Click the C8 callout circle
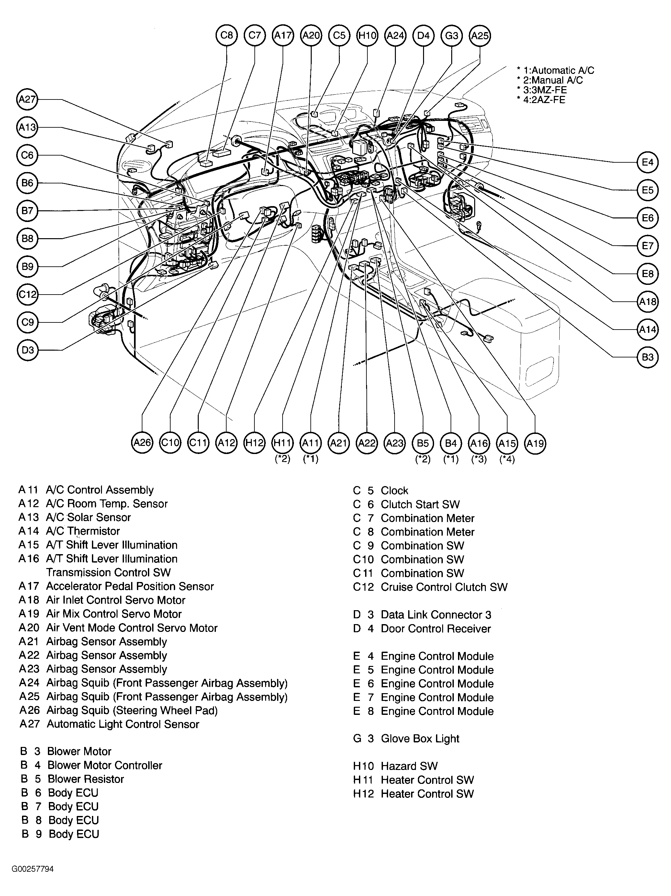(227, 36)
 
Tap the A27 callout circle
(27, 99)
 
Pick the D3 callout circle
(27, 350)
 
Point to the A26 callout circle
(142, 443)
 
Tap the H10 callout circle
(367, 36)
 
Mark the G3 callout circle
(451, 36)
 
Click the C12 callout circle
(27, 294)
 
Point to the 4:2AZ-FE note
(541, 100)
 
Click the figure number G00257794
(32, 869)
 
